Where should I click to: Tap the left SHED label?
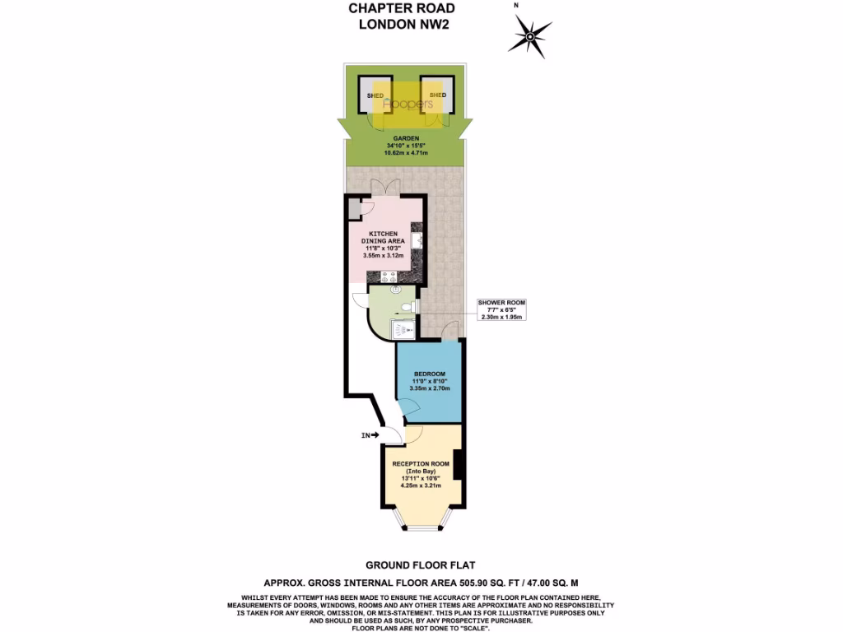pyautogui.click(x=375, y=95)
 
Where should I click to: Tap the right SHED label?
pyautogui.click(x=437, y=95)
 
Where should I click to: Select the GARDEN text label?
pyautogui.click(x=406, y=138)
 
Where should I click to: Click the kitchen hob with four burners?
pyautogui.click(x=388, y=276)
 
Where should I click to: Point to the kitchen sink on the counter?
pyautogui.click(x=418, y=239)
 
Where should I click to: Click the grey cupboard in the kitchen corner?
pyautogui.click(x=352, y=209)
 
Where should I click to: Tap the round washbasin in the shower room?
pyautogui.click(x=396, y=290)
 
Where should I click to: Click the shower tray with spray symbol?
pyautogui.click(x=401, y=329)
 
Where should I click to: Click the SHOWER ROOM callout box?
pyautogui.click(x=501, y=309)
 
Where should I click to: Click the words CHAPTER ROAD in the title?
pyautogui.click(x=401, y=8)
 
